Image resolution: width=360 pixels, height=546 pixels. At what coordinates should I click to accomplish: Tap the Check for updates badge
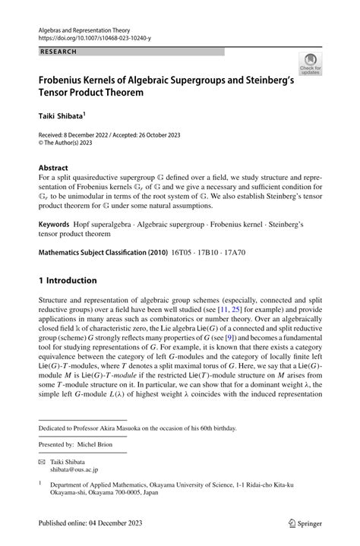pos(310,65)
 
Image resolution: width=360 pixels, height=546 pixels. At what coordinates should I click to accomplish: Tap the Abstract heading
pos(55,166)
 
